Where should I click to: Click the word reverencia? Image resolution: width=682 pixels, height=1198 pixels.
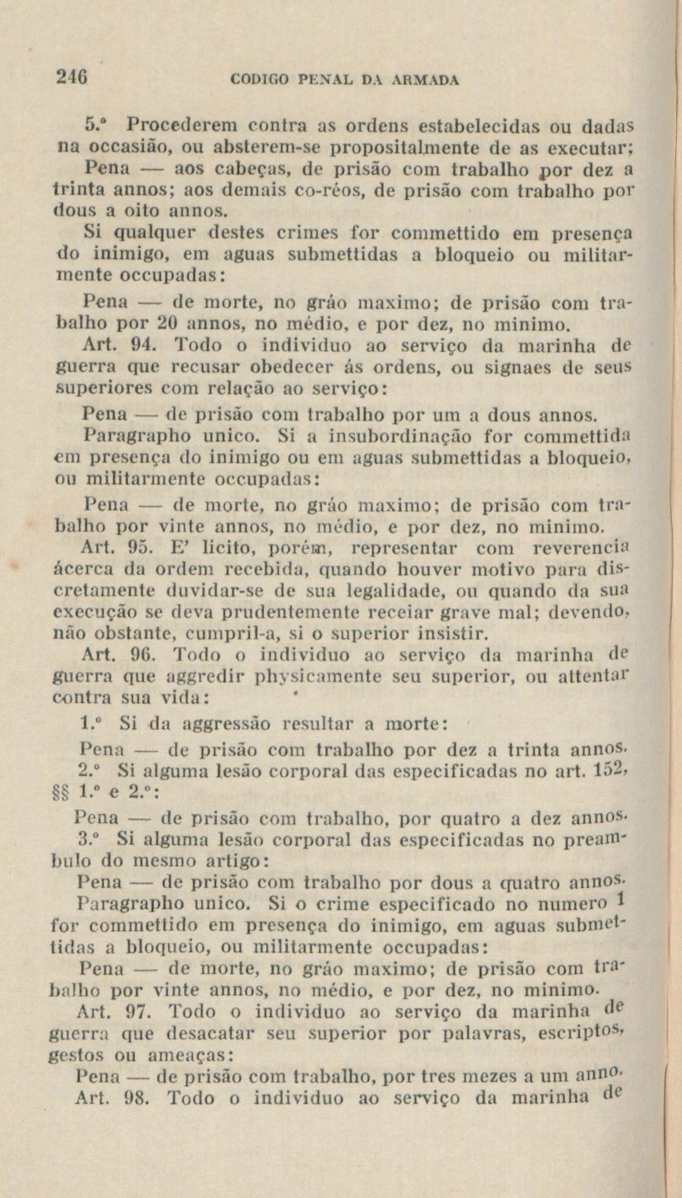click(582, 549)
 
